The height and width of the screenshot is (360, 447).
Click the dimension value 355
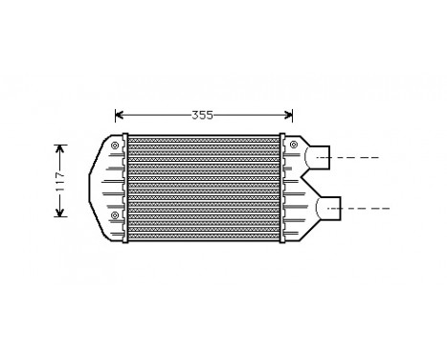[x=201, y=116]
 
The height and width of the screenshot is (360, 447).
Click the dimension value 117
[x=59, y=180]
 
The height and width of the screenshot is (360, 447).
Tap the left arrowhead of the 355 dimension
[x=118, y=116]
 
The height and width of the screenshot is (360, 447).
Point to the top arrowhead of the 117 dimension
[x=59, y=147]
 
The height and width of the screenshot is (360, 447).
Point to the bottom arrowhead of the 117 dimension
[x=59, y=214]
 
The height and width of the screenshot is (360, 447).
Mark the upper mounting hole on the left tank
[x=115, y=146]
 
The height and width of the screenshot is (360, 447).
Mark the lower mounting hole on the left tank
[x=115, y=215]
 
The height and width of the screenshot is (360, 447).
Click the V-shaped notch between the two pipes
[x=308, y=180]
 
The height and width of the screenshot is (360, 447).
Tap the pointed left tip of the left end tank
[x=90, y=180]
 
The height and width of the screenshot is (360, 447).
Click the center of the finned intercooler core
[x=203, y=180]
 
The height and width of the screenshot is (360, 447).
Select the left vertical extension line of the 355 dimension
[x=115, y=125]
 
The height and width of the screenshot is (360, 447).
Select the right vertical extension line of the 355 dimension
[x=291, y=125]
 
